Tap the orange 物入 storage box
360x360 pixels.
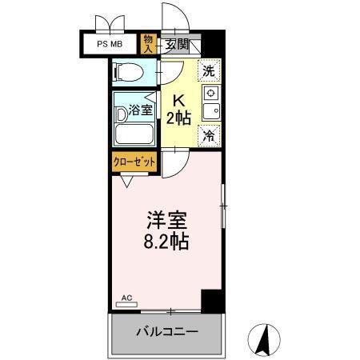click(149, 44)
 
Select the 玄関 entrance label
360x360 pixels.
click(178, 45)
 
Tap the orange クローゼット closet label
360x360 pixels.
click(134, 161)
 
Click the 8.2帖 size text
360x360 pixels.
click(167, 241)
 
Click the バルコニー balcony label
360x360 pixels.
click(166, 330)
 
